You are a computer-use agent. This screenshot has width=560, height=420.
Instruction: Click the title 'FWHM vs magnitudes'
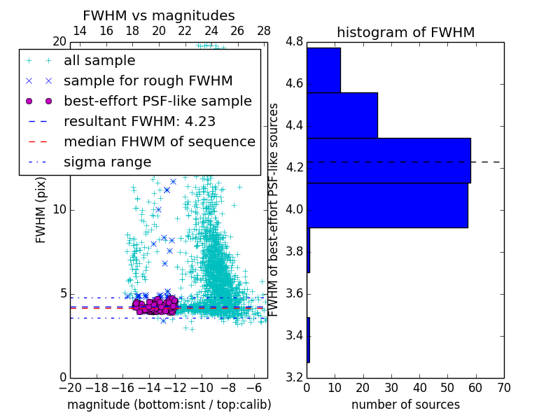click(x=159, y=16)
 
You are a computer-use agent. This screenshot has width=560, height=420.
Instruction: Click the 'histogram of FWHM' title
click(x=405, y=33)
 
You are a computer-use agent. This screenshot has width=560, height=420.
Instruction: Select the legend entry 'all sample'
click(x=99, y=61)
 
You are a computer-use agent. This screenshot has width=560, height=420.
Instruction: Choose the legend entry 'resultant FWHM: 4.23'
click(x=139, y=121)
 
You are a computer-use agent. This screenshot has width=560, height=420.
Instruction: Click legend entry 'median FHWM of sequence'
click(x=160, y=141)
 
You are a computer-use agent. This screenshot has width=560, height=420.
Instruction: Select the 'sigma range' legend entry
click(x=107, y=162)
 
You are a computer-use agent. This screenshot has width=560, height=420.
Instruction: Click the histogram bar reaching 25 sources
click(x=342, y=115)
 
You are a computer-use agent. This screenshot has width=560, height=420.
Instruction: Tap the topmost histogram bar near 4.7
click(x=323, y=70)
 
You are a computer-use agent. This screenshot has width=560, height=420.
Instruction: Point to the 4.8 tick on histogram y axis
click(x=294, y=42)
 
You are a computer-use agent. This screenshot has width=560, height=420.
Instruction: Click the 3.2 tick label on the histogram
click(x=294, y=377)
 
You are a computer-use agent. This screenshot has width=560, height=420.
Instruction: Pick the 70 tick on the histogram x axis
click(x=503, y=387)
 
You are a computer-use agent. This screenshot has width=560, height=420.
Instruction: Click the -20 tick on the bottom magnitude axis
click(x=70, y=387)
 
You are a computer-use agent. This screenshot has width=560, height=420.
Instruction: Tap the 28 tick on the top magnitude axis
click(x=264, y=31)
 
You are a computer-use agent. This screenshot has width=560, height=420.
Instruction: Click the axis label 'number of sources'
click(x=405, y=405)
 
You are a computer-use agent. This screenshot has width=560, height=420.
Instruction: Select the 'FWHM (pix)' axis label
click(x=41, y=209)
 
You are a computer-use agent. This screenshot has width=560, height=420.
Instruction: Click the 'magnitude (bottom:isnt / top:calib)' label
click(x=169, y=405)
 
